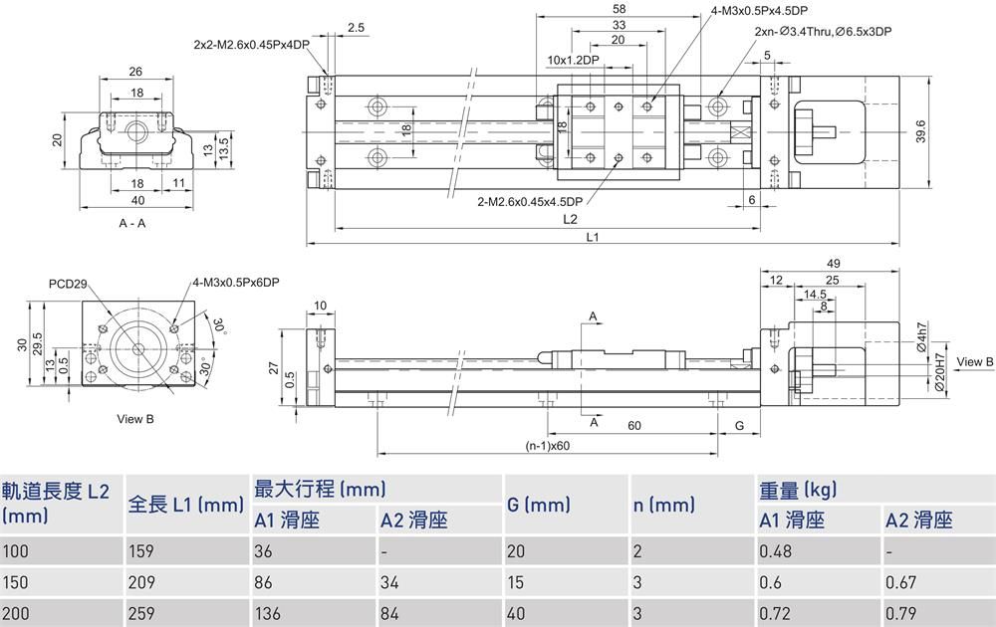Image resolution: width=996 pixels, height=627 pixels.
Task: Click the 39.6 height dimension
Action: pyautogui.click(x=921, y=131)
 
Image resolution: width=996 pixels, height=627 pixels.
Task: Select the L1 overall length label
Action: pyautogui.click(x=592, y=237)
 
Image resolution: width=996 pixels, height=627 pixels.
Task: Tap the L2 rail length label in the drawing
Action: pyautogui.click(x=570, y=219)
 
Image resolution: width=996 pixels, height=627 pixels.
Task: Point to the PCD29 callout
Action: pyautogui.click(x=65, y=284)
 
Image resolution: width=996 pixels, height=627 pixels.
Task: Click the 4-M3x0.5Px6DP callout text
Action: pyautogui.click(x=236, y=283)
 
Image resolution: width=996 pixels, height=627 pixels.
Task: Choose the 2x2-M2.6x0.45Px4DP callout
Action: pyautogui.click(x=251, y=44)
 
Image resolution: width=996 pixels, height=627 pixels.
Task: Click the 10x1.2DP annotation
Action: pyautogui.click(x=573, y=60)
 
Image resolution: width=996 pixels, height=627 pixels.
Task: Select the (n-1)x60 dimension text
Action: pyautogui.click(x=546, y=445)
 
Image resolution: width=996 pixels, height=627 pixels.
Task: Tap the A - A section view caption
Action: pyautogui.click(x=132, y=224)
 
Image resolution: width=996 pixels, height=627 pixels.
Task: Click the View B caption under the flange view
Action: pyautogui.click(x=134, y=419)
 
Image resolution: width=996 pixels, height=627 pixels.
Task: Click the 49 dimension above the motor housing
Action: pyautogui.click(x=835, y=263)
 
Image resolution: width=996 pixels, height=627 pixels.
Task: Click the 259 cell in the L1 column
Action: pyautogui.click(x=141, y=613)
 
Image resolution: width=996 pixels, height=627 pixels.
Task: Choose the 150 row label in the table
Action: pyautogui.click(x=15, y=582)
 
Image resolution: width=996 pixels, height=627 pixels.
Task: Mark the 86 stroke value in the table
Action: pyautogui.click(x=264, y=582)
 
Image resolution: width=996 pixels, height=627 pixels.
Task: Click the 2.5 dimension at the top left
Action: pyautogui.click(x=357, y=28)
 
